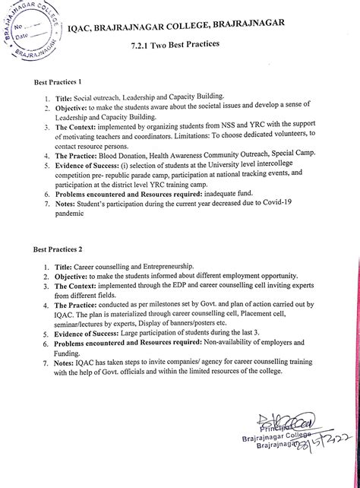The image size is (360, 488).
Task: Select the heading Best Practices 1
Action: tap(58, 82)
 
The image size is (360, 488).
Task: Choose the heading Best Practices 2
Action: tap(58, 249)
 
